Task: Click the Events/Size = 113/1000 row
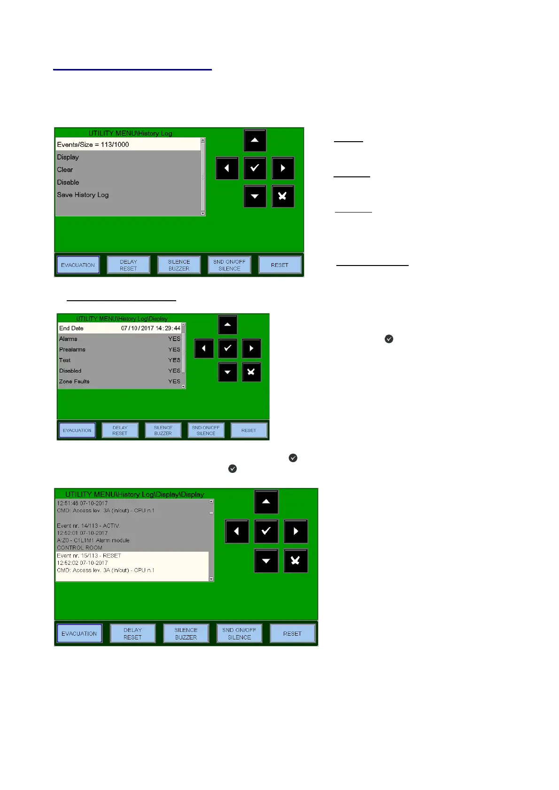tap(93, 144)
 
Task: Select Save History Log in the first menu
tap(83, 195)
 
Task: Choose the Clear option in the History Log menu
tap(65, 170)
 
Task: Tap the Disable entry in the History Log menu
tap(68, 182)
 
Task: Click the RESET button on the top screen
tap(279, 265)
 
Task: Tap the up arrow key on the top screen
tap(255, 140)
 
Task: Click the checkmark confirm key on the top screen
tap(255, 168)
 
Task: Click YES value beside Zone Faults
tap(174, 381)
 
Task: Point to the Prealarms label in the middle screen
tap(72, 349)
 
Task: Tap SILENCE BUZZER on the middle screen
tap(163, 430)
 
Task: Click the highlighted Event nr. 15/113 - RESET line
tap(89, 555)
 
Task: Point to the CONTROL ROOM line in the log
tap(79, 547)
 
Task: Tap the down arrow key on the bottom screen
tap(266, 561)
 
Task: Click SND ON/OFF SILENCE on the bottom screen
tap(239, 633)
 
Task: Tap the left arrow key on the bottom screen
tap(237, 531)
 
